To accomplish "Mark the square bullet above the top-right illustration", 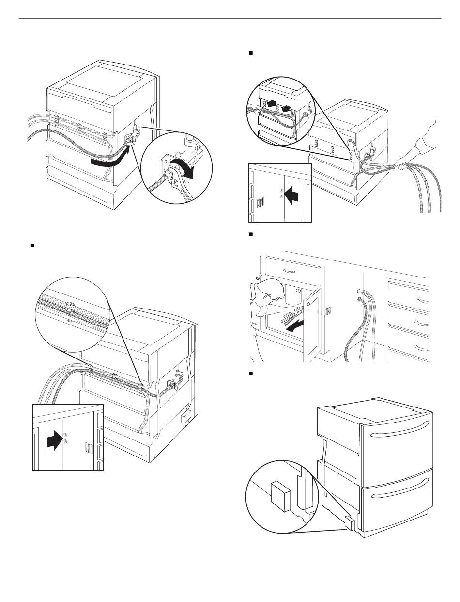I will click(x=250, y=51).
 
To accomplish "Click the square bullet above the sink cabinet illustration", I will click(x=250, y=234).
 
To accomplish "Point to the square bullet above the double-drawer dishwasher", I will click(x=250, y=374).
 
